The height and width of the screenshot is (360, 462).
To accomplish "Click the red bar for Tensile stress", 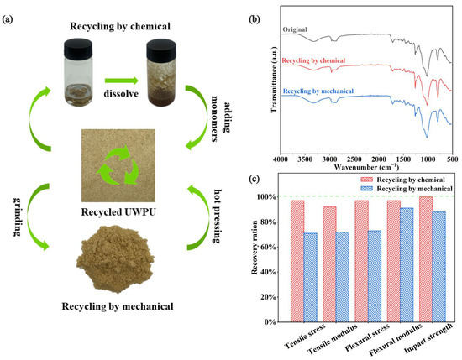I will [297, 261].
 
